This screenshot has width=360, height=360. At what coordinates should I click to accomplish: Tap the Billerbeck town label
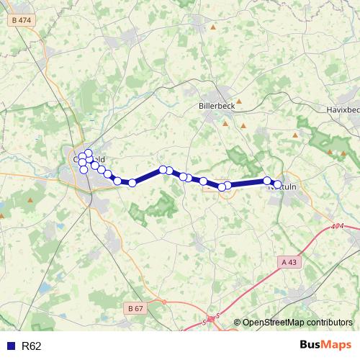pyautogui.click(x=215, y=105)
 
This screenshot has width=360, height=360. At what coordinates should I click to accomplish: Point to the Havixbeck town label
pyautogui.click(x=342, y=109)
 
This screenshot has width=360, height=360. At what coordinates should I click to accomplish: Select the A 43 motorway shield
pyautogui.click(x=289, y=262)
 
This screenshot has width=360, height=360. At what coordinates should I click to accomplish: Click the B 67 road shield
pyautogui.click(x=135, y=308)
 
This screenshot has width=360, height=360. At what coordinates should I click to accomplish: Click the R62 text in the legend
pyautogui.click(x=32, y=346)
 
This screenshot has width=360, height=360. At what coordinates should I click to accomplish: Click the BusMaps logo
pyautogui.click(x=325, y=345)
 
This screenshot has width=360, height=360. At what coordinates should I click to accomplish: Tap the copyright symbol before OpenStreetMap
pyautogui.click(x=237, y=323)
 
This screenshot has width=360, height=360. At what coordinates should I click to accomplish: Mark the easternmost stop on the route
pyautogui.click(x=277, y=185)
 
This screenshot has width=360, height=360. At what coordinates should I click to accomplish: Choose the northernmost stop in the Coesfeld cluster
pyautogui.click(x=88, y=153)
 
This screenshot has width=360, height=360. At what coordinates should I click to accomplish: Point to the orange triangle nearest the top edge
pyautogui.click(x=213, y=27)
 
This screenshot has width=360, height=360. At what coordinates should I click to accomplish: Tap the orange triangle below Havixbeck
pyautogui.click(x=295, y=135)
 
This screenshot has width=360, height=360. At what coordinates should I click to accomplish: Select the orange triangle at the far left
pyautogui.click(x=30, y=199)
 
